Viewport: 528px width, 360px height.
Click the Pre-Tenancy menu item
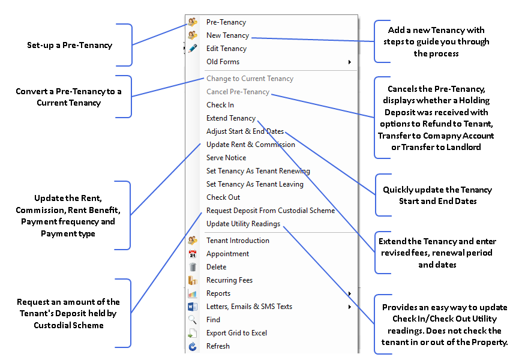(x=226, y=22)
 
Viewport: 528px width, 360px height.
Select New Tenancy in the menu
(x=227, y=35)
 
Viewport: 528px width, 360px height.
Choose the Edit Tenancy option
(x=226, y=49)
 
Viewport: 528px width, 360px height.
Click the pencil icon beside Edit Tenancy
(x=193, y=49)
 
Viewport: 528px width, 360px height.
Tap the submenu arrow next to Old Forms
(x=350, y=62)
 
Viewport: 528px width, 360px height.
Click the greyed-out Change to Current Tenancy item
(x=250, y=79)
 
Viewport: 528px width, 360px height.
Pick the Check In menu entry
(x=220, y=105)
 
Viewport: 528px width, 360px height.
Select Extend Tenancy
(x=230, y=118)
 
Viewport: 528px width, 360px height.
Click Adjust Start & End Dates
(x=245, y=131)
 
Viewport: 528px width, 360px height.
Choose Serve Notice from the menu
(x=226, y=158)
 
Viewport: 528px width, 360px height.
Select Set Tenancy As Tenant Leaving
(x=255, y=184)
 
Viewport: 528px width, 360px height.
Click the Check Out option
(x=223, y=197)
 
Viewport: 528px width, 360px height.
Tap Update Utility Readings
(x=243, y=224)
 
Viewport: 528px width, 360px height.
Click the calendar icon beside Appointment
(x=193, y=254)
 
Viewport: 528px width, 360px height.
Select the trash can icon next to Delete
(x=193, y=267)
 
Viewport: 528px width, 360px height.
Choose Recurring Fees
(x=229, y=280)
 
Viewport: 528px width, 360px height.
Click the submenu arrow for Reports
(x=350, y=293)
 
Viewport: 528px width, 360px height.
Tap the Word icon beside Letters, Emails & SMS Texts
(x=193, y=307)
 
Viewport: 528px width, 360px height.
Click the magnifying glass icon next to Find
(x=193, y=320)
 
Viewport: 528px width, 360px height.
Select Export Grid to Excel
(x=236, y=333)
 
